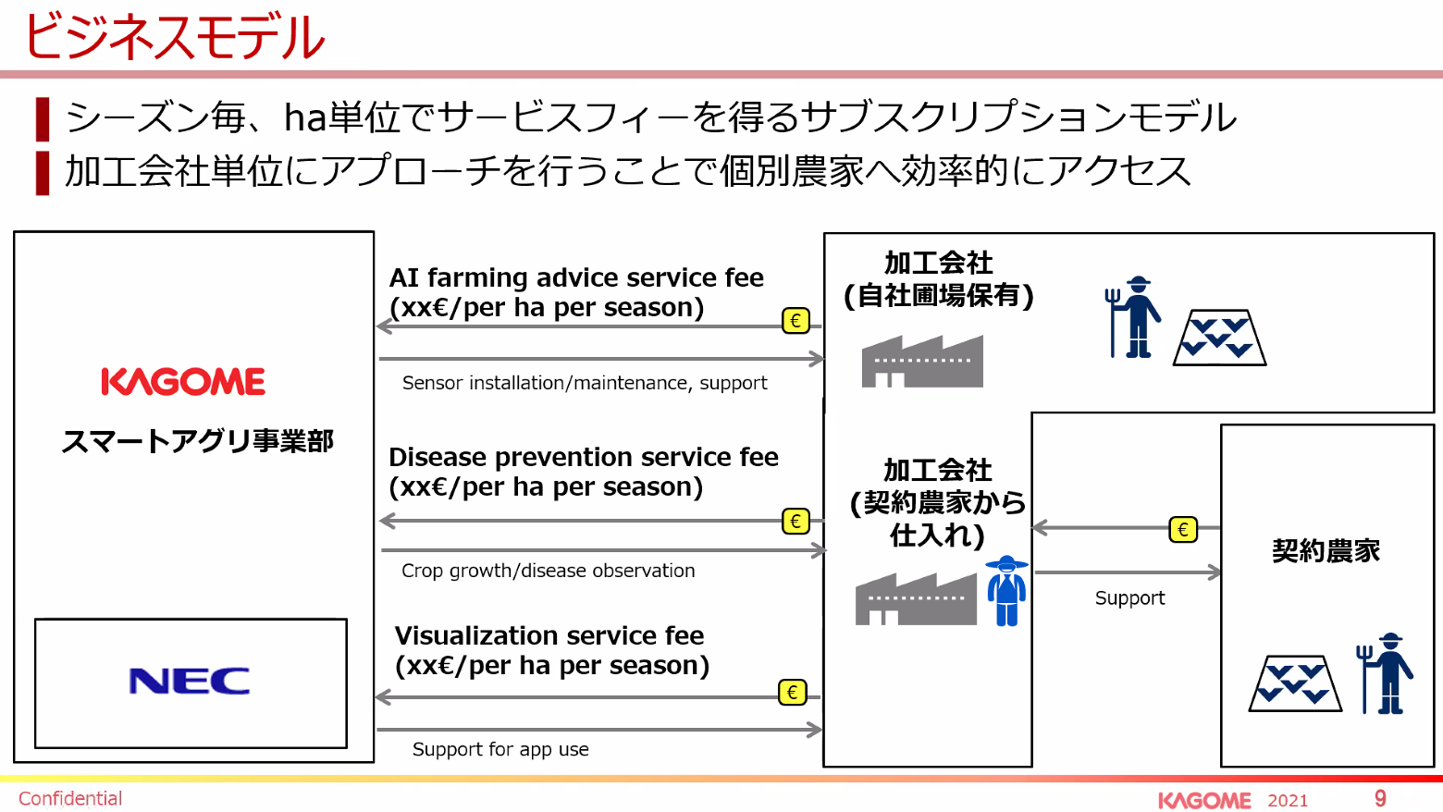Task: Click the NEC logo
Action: (x=190, y=681)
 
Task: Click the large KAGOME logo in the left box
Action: (x=183, y=381)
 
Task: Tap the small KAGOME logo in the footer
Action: (x=1204, y=800)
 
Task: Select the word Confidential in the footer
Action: (x=70, y=798)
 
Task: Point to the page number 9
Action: (x=1380, y=798)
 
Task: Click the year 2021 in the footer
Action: (x=1288, y=800)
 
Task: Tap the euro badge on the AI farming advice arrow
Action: (x=795, y=320)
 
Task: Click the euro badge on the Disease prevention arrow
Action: (x=795, y=521)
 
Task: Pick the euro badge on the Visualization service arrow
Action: (x=793, y=692)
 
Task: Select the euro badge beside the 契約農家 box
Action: (x=1183, y=529)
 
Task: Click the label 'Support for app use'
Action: (x=500, y=749)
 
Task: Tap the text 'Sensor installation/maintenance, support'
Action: (x=585, y=383)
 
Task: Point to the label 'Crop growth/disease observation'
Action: (x=549, y=571)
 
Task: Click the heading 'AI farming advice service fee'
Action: (x=576, y=277)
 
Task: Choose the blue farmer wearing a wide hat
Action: (x=1007, y=590)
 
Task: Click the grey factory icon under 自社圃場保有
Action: (x=922, y=361)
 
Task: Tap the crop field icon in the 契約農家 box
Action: (x=1295, y=683)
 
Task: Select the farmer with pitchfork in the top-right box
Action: (x=1133, y=317)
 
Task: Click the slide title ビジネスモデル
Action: (x=174, y=37)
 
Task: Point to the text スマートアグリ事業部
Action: (x=197, y=441)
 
